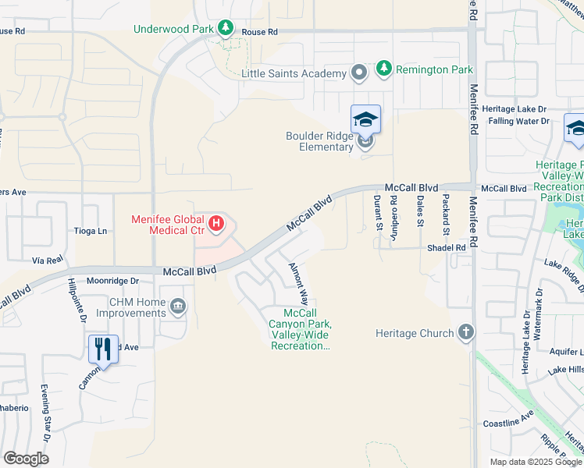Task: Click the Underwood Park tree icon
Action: coord(226,29)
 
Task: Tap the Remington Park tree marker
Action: coord(383,69)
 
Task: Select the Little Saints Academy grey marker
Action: coord(359,73)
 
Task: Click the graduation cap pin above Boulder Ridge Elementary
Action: coord(365,119)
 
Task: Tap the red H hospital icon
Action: coord(216,225)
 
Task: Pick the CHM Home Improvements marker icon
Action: coord(178,306)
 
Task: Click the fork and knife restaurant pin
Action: coord(103,349)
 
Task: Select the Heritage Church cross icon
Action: coord(466,333)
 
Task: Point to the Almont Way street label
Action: coord(297,284)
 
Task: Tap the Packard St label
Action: coord(446,214)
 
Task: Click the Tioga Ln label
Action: coord(91,231)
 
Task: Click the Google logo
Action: coord(27,458)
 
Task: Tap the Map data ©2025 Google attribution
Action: coord(534,462)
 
